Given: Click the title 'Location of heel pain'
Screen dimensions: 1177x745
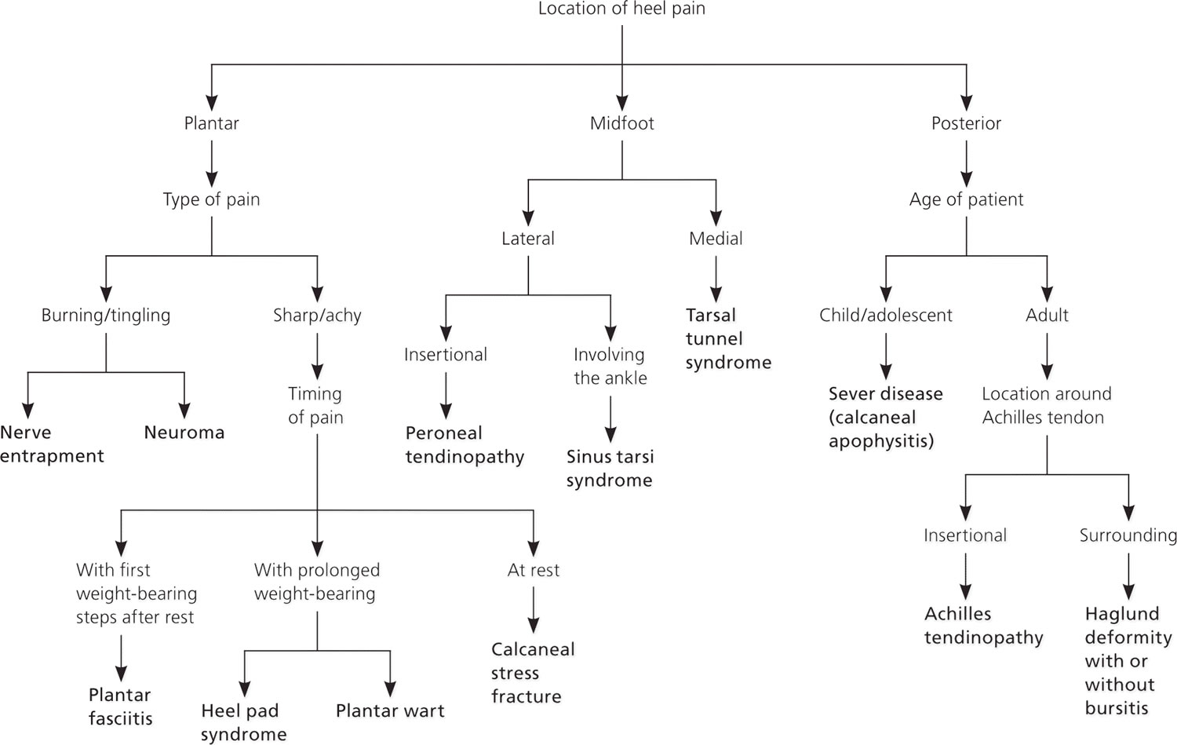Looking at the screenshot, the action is (621, 9).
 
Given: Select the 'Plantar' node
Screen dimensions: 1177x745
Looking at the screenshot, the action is (211, 123).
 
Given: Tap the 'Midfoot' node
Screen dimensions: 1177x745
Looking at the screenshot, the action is (621, 123).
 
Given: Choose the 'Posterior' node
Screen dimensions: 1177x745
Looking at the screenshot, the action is (966, 123).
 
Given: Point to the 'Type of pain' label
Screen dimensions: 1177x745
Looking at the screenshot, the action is (211, 199).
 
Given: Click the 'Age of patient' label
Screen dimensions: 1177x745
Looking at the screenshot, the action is (966, 199).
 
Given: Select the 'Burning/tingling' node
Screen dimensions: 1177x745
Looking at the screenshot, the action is (106, 316).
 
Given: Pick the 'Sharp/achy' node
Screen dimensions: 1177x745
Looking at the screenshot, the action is (317, 316).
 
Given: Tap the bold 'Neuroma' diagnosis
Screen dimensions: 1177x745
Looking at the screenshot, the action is (184, 433).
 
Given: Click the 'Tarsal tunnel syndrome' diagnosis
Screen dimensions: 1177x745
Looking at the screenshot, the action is (728, 338).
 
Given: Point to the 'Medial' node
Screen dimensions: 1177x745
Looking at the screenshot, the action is (716, 239).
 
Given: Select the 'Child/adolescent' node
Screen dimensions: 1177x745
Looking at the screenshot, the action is (885, 316).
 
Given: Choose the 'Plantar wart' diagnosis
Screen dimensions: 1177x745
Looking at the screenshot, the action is (390, 710).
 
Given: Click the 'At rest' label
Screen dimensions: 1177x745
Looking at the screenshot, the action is (534, 570).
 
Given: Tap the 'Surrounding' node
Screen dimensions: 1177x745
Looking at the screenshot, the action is (1128, 535).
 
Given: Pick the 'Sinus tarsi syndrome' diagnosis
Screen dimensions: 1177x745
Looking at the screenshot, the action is (610, 469).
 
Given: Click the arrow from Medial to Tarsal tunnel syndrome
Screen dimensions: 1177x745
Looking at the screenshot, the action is (716, 279).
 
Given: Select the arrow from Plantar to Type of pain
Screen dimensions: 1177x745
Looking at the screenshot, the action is (212, 165).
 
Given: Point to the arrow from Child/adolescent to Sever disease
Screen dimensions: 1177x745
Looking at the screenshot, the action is (886, 356).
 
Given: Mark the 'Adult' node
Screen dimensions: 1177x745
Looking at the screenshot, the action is (1047, 316).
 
